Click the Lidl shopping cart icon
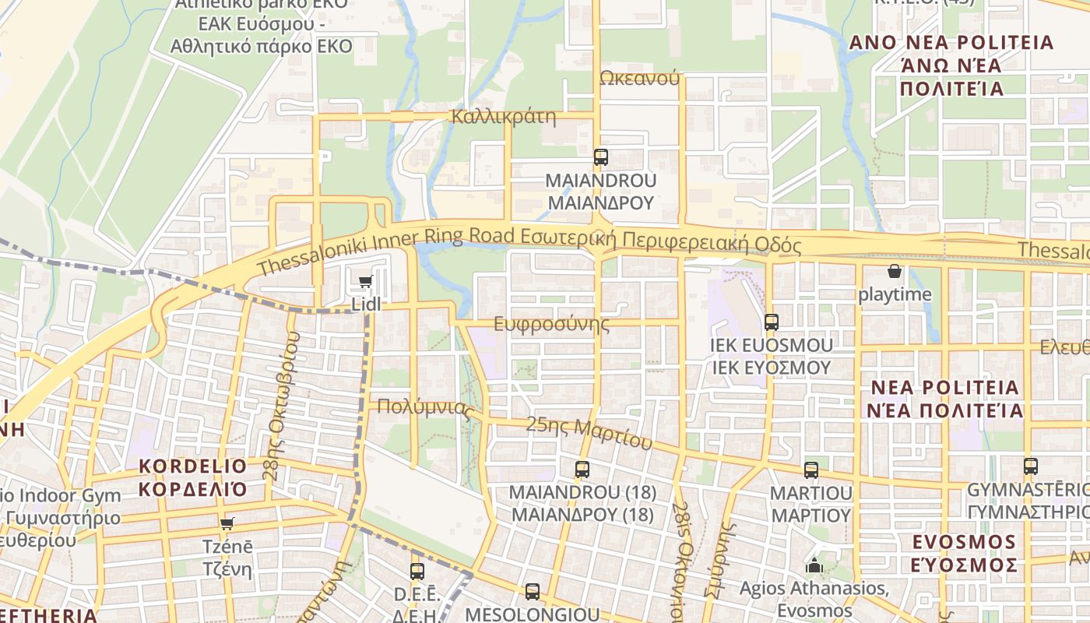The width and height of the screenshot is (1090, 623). tap(365, 282)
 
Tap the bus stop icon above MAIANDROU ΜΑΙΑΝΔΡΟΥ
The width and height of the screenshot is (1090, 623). tap(600, 157)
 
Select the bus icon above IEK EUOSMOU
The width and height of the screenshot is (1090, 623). tap(772, 322)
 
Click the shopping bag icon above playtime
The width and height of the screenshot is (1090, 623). tap(895, 272)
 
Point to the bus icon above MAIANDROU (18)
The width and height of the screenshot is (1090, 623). tap(582, 470)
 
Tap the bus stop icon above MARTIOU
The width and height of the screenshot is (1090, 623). tap(811, 470)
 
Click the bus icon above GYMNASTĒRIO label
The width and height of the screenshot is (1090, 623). tap(1031, 466)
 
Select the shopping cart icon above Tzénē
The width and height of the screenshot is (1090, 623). tap(227, 524)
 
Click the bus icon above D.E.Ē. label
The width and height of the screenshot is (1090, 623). tap(417, 572)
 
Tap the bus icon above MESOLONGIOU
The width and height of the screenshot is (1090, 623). tap(533, 592)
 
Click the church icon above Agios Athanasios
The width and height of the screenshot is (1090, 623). tap(814, 565)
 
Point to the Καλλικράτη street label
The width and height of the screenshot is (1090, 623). tap(504, 118)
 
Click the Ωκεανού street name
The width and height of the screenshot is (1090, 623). tap(640, 78)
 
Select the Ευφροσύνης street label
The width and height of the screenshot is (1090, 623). tap(552, 324)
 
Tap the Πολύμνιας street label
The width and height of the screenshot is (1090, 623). tap(425, 407)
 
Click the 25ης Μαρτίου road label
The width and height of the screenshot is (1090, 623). tap(589, 433)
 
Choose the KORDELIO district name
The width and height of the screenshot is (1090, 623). tap(192, 466)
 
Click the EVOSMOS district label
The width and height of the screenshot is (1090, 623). tap(964, 542)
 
